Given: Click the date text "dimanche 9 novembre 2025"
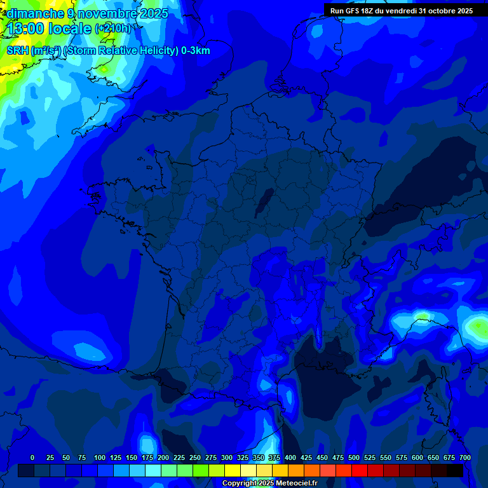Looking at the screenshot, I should click(87, 13).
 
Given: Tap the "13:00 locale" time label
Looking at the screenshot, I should click(50, 29).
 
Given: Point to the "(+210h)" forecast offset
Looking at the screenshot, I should click(113, 29).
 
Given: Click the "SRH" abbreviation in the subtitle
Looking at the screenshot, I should click(17, 51).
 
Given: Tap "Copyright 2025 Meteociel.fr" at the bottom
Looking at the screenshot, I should click(269, 483).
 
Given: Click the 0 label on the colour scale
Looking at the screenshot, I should click(32, 457).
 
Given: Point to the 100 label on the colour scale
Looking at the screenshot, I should click(100, 457).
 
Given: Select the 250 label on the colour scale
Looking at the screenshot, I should click(195, 457).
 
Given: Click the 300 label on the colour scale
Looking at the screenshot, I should click(227, 457).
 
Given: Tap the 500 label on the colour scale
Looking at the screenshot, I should click(354, 457).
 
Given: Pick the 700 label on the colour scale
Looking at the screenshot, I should click(465, 457).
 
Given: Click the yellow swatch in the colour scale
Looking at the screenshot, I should click(233, 470).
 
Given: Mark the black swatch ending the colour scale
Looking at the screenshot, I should click(455, 470).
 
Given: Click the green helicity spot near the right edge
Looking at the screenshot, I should click(477, 326).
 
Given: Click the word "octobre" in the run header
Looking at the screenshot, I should click(438, 10).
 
